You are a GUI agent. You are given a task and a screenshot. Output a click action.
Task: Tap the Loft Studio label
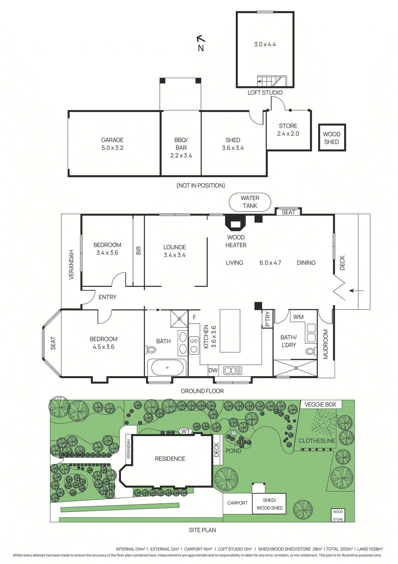coord(265,93)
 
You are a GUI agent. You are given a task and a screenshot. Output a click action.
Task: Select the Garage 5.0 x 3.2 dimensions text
coord(112,148)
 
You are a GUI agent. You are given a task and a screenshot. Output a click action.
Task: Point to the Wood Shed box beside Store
coord(332,138)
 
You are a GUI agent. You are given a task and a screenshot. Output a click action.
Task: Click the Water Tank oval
coord(250,202)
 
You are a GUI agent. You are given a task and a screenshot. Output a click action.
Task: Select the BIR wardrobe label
coord(138,251)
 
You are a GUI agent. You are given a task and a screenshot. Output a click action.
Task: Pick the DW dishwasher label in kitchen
coord(213,370)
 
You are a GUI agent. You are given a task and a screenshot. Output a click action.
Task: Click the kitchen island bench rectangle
coord(230,331)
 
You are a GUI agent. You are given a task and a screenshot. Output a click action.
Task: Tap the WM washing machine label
coord(298,317)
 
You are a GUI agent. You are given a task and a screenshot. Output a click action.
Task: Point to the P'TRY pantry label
coord(267,319)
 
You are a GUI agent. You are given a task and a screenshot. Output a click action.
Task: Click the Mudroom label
coord(326,344)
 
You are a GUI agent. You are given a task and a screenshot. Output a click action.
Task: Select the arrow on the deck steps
coord(356,291)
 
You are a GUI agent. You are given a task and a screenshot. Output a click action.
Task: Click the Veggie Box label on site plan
coord(320,405)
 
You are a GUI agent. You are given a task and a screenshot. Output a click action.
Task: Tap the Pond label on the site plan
coord(233,451)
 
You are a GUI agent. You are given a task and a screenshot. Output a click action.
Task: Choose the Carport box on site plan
coord(238,503)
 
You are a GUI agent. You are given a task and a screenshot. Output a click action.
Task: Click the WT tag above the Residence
coord(185,431)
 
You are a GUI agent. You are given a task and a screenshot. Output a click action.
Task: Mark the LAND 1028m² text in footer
coord(370,549)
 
